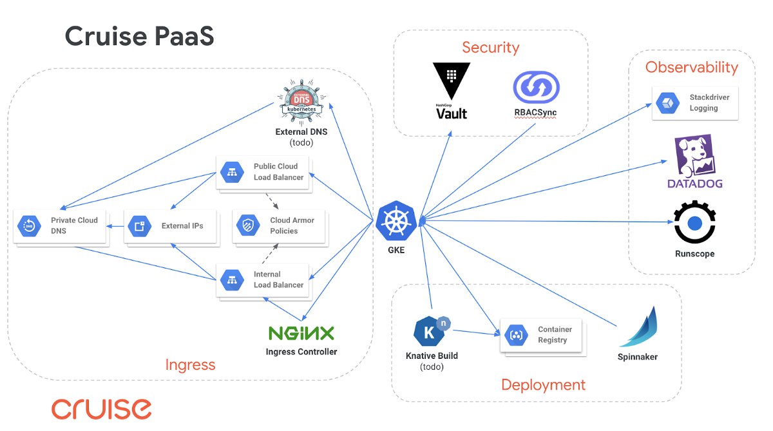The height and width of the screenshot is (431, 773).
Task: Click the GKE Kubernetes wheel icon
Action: pyautogui.click(x=396, y=221)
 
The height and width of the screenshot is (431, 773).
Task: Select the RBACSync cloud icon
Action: pyautogui.click(x=536, y=88)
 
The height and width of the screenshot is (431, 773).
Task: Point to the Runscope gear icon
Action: pyautogui.click(x=694, y=222)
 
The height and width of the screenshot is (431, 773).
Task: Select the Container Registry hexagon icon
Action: pyautogui.click(x=516, y=335)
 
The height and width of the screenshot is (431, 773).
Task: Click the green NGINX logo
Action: pyautogui.click(x=301, y=333)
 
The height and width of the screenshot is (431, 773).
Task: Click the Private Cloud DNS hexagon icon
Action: pyautogui.click(x=30, y=226)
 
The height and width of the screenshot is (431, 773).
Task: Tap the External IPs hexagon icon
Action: pyautogui.click(x=139, y=226)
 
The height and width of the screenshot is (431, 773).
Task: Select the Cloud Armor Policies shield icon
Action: pyautogui.click(x=248, y=225)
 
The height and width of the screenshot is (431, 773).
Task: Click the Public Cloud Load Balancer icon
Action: pyautogui.click(x=233, y=172)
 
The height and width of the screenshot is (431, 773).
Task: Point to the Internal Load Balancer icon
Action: pyautogui.click(x=233, y=280)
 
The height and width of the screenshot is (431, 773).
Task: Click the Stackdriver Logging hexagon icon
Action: pyautogui.click(x=668, y=103)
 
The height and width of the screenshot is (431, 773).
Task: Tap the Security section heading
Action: pyautogui.click(x=490, y=47)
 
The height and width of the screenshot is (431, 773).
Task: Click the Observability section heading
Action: pyautogui.click(x=692, y=67)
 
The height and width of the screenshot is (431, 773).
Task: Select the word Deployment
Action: pyautogui.click(x=543, y=385)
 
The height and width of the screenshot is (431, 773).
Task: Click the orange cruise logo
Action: pyautogui.click(x=102, y=409)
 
